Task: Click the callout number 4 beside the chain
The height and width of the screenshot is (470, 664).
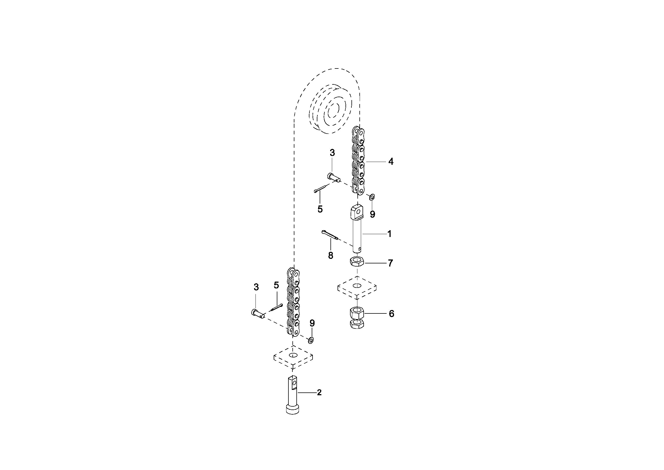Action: coord(391,161)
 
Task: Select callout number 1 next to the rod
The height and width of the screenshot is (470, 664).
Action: coord(389,234)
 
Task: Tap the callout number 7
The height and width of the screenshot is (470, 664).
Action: coord(390,263)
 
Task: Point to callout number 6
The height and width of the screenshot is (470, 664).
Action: coord(391,314)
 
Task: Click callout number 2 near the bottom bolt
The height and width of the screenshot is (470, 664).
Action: coord(319,392)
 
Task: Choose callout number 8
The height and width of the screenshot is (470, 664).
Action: coord(330,255)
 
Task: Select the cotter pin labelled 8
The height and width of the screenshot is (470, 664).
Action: coord(329,235)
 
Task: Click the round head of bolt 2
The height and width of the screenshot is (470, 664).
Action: coord(293,409)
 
